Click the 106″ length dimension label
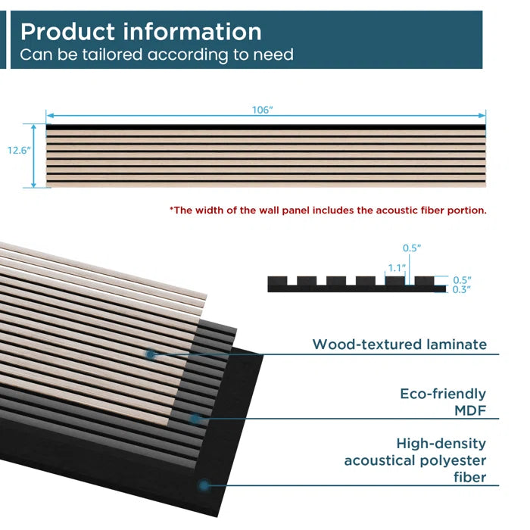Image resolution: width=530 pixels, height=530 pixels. [x=262, y=110]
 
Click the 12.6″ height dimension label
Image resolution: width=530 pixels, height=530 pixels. [x=19, y=150]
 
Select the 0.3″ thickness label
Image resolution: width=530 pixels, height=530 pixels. [x=462, y=289]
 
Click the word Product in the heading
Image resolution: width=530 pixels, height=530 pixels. [x=65, y=32]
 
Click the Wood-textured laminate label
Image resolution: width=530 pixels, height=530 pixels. [x=399, y=344]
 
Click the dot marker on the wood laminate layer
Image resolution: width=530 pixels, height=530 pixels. [x=151, y=354]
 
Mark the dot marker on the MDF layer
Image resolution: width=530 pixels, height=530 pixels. [x=195, y=418]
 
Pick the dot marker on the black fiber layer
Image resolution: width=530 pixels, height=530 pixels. [x=203, y=485]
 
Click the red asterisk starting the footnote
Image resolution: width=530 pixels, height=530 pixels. [x=171, y=209]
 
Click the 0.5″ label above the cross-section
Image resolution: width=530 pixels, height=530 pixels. [x=411, y=248]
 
